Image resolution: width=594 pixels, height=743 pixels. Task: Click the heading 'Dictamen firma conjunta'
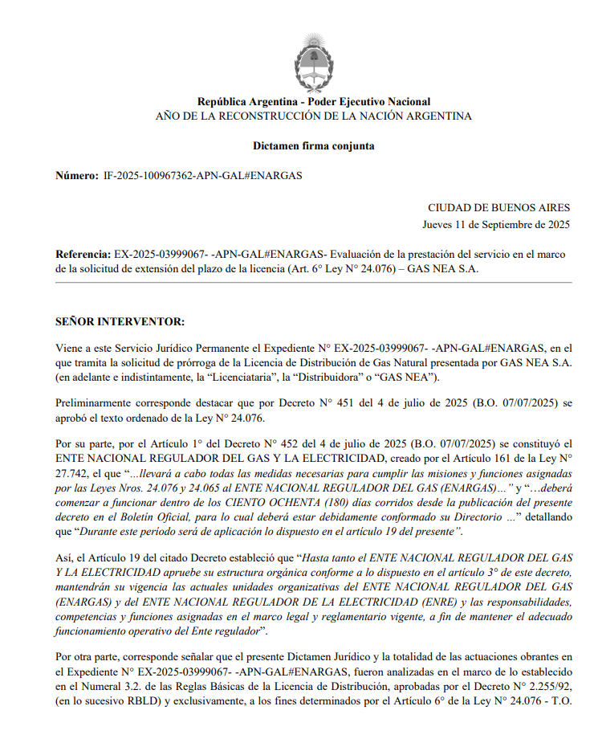point(314,146)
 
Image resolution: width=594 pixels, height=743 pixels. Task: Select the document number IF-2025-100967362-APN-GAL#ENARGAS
point(202,175)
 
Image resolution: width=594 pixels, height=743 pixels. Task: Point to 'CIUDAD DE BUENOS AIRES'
point(498,207)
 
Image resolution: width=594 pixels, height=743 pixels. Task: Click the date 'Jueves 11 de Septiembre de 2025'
point(496,224)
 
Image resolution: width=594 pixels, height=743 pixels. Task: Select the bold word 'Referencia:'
point(83,254)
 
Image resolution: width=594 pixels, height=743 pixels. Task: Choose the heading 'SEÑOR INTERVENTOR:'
point(120,322)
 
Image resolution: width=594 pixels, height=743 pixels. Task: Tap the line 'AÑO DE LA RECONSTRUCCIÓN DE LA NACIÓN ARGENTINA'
point(314,116)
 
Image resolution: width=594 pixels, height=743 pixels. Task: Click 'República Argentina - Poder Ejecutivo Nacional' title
point(314,102)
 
